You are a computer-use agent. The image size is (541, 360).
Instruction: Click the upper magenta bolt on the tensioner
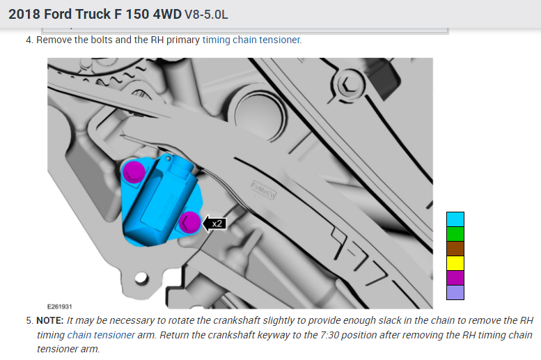pos(134,171)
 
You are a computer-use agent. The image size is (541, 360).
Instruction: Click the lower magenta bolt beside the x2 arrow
pos(189,222)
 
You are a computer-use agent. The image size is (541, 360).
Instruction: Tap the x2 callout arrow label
pos(214,224)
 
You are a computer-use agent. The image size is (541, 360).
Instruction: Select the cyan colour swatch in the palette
pos(455,219)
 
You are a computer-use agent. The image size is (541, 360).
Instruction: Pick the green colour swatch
pos(455,234)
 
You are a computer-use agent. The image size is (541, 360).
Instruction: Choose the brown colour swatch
pos(455,249)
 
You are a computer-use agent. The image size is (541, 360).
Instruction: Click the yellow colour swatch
pos(455,263)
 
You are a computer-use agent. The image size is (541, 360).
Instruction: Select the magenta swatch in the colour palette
pos(455,278)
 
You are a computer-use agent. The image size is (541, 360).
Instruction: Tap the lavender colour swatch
pos(455,292)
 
